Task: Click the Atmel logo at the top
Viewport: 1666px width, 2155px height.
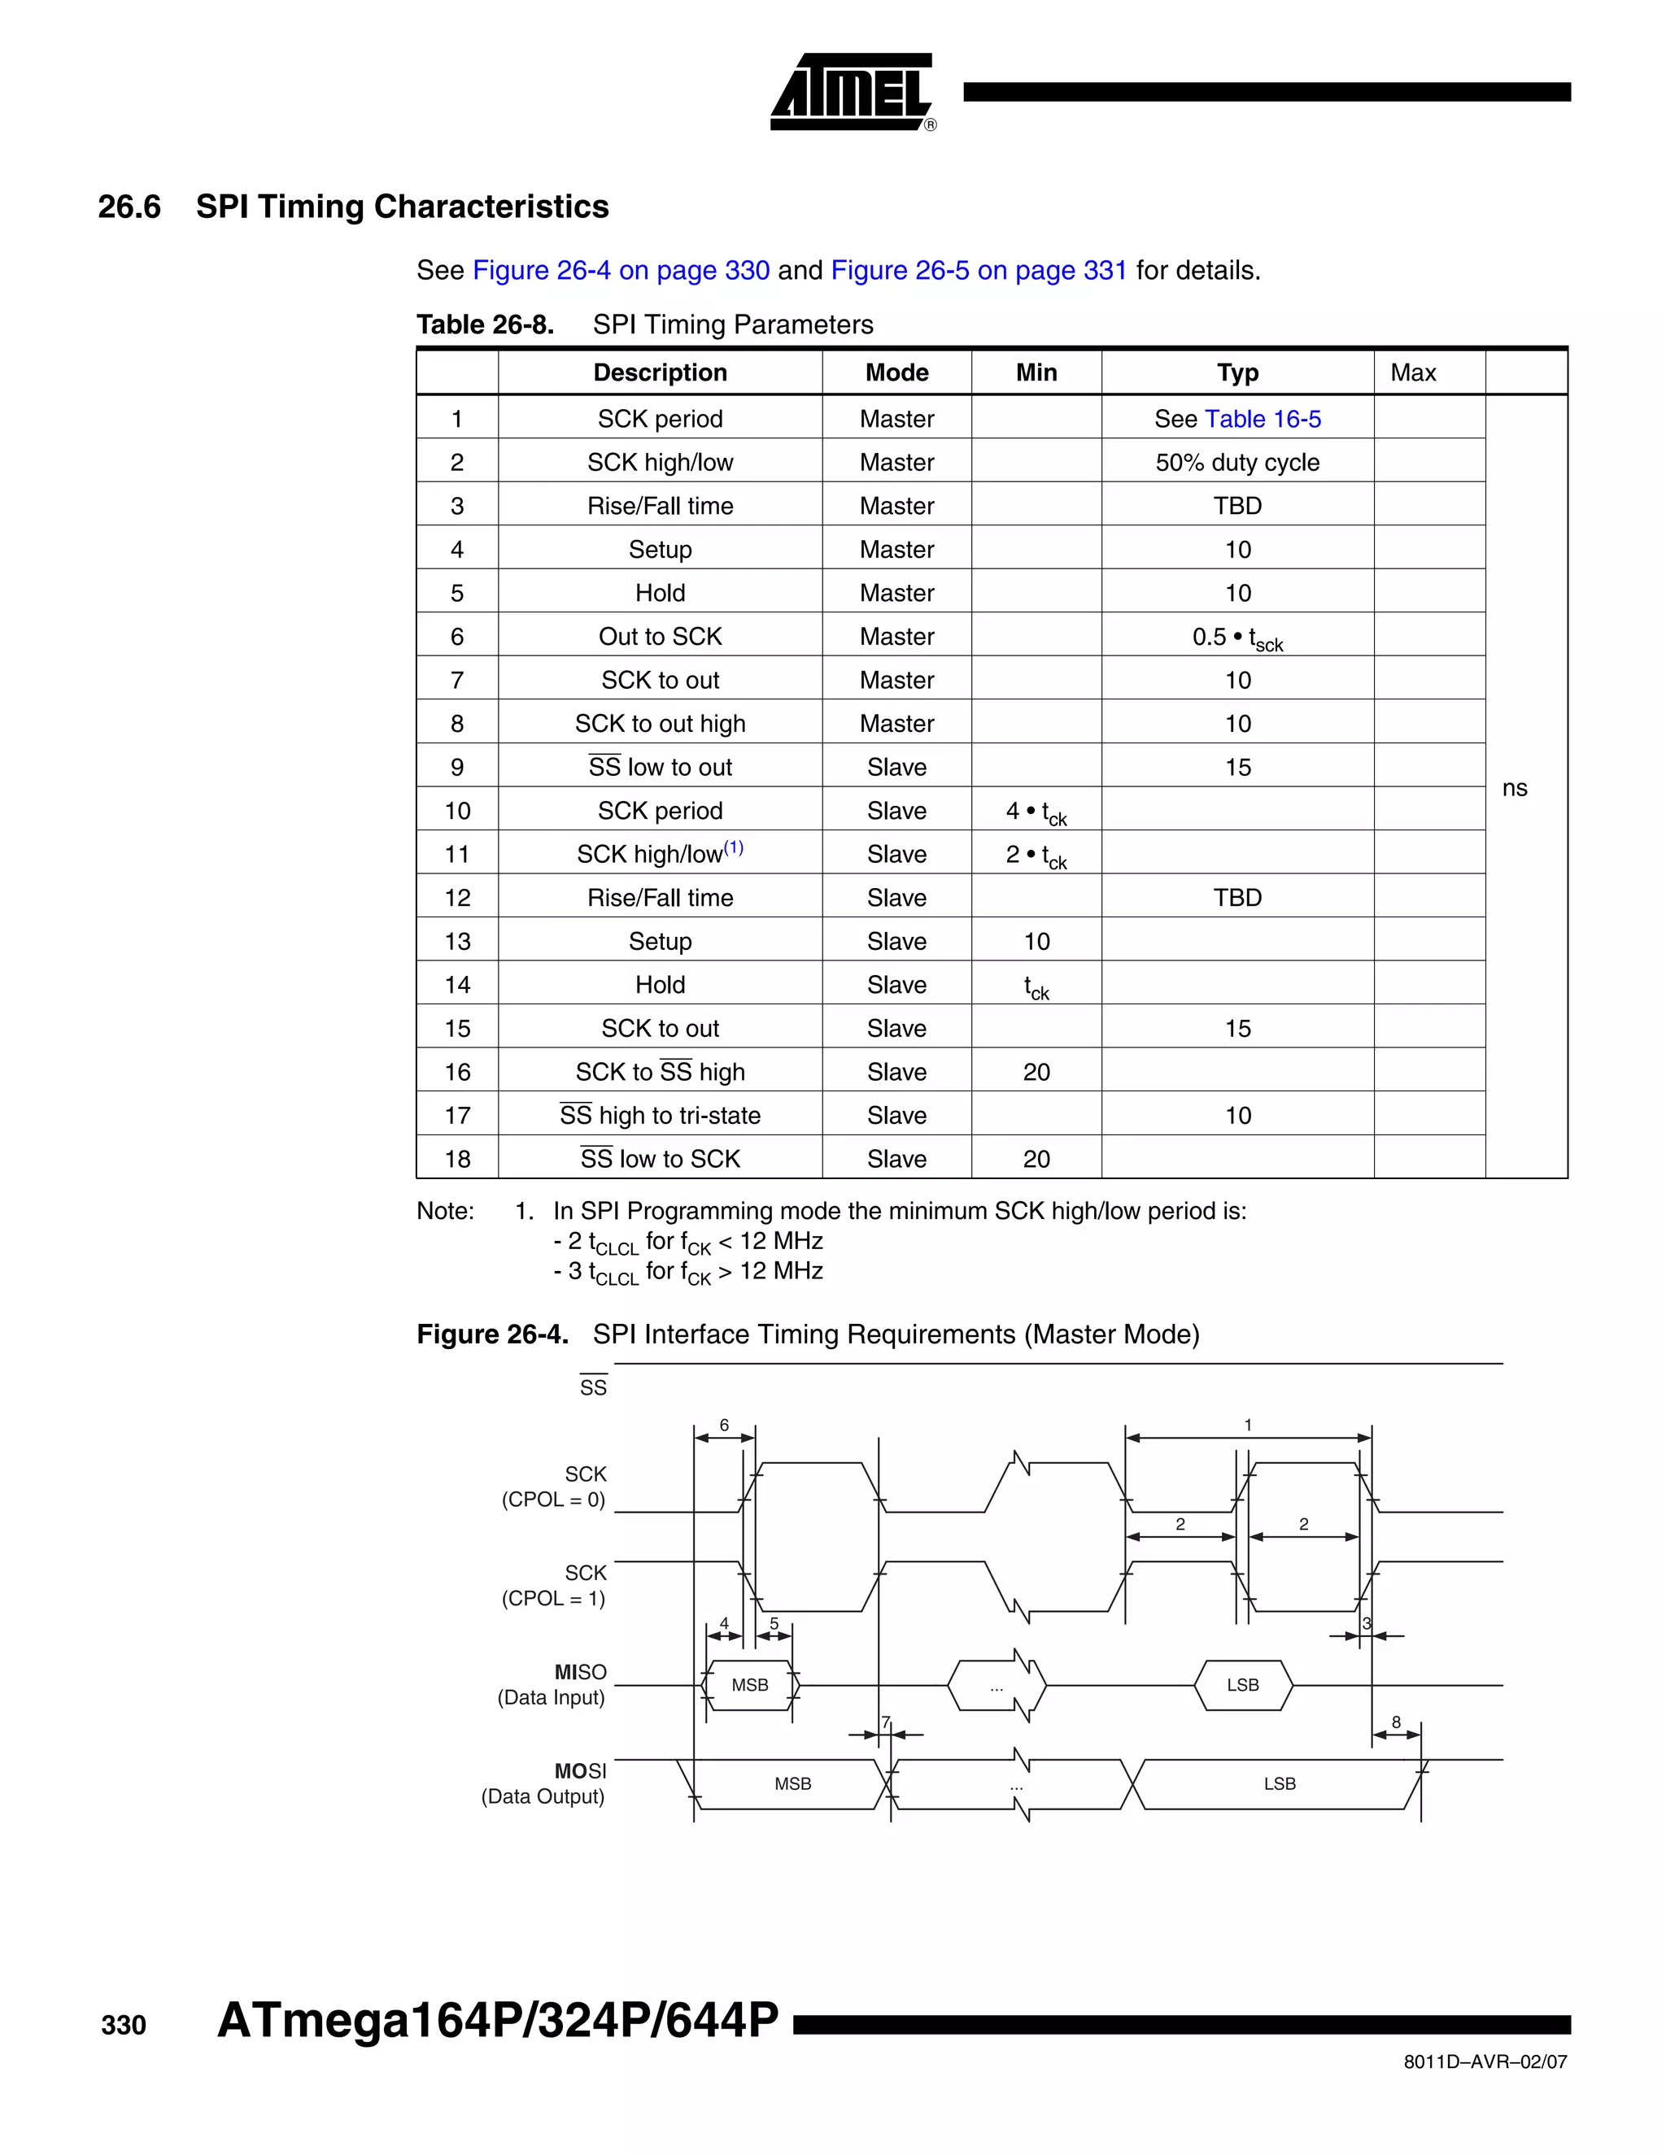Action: pos(852,92)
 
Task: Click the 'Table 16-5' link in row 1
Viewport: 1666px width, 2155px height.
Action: pos(1263,420)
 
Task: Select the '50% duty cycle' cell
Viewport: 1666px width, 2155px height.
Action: pos(1236,463)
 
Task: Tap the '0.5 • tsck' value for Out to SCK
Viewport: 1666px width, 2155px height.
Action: pos(1236,638)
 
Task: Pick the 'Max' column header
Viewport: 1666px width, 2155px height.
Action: pos(1412,373)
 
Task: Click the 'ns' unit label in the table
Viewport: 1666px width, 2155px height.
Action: pos(1514,787)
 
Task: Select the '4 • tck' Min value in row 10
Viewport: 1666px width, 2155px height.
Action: pos(1036,812)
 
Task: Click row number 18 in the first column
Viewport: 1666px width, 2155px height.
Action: pos(457,1160)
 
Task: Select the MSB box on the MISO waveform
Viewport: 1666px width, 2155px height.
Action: pos(750,1685)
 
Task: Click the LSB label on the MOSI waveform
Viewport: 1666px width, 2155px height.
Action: pos(1279,1784)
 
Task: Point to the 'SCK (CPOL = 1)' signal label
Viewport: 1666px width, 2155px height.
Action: pos(554,1586)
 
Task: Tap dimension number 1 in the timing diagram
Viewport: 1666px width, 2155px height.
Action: pos(1248,1425)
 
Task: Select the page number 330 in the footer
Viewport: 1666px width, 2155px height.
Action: pos(124,2026)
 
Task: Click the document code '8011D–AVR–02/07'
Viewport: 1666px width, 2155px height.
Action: pos(1485,2062)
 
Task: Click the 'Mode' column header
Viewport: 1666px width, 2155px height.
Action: pos(896,373)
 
